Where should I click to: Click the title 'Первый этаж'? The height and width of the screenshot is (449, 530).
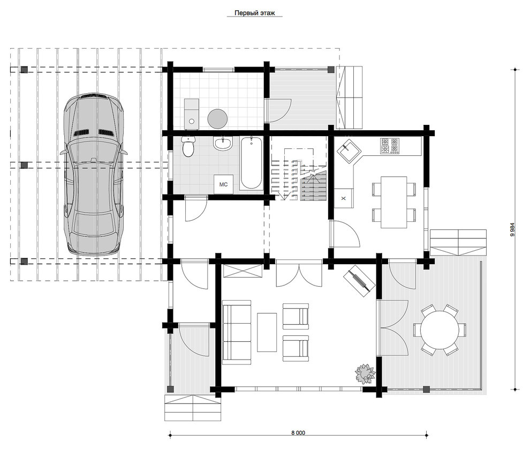tap(254, 13)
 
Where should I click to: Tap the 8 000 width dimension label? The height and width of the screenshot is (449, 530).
tap(298, 433)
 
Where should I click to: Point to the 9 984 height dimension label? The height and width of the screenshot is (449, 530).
tap(512, 229)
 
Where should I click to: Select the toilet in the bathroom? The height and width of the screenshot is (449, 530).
tap(188, 146)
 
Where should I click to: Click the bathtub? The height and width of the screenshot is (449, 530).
tap(251, 163)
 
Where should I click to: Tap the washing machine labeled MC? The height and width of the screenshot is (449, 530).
tap(223, 184)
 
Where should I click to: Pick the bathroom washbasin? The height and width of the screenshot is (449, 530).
tap(223, 144)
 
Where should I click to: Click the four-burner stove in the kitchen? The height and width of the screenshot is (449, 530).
tap(390, 146)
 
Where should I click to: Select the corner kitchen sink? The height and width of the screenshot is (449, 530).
tap(349, 151)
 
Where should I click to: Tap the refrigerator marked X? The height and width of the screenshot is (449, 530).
tap(343, 198)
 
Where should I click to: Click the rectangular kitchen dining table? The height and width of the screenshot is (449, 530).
tap(394, 202)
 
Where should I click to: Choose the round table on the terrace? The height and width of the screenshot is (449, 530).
tap(440, 330)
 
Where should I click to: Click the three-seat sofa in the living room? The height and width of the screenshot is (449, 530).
tap(236, 332)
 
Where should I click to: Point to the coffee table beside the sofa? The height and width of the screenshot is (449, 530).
tap(267, 332)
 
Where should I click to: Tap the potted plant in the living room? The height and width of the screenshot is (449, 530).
tap(365, 373)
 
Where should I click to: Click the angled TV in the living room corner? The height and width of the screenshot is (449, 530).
tap(359, 281)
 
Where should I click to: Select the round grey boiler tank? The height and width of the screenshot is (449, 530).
tap(217, 118)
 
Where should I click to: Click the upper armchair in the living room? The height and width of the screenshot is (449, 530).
tap(296, 316)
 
